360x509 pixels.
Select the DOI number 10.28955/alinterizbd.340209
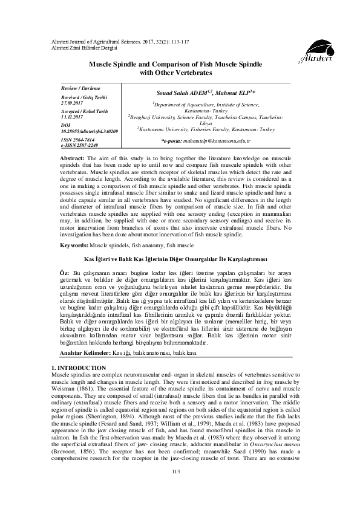[89, 131]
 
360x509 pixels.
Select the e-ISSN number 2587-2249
[84, 146]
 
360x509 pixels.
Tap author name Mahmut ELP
[226, 93]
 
